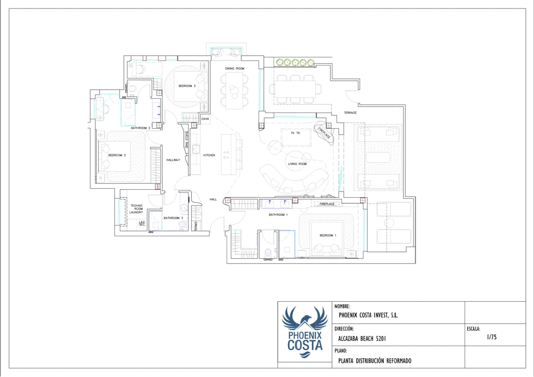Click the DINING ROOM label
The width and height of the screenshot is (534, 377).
click(235, 68)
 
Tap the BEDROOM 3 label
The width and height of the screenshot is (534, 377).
click(187, 86)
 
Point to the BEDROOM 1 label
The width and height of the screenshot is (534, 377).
click(328, 235)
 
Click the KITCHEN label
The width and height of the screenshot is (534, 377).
click(209, 155)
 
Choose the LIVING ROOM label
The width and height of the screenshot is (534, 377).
click(297, 164)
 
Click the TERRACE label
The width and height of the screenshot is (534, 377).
click(350, 113)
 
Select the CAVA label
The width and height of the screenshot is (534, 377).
click(206, 119)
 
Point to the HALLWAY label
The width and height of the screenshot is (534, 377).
click(173, 160)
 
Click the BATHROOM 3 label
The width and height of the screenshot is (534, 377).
click(173, 218)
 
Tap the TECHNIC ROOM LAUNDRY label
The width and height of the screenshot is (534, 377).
click(136, 209)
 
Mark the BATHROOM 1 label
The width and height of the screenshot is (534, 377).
click(277, 215)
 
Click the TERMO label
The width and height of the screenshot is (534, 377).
click(196, 226)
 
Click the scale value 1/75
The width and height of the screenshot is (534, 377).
click(491, 337)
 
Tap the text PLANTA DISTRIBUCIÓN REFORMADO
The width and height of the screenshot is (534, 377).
click(375, 361)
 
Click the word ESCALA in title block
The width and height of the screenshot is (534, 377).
click(473, 329)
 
